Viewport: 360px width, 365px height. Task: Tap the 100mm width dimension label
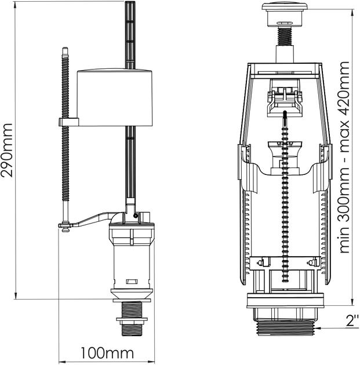coord(107,352)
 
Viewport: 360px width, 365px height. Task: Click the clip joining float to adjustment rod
coord(68,123)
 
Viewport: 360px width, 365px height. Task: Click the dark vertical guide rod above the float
coord(129,35)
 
